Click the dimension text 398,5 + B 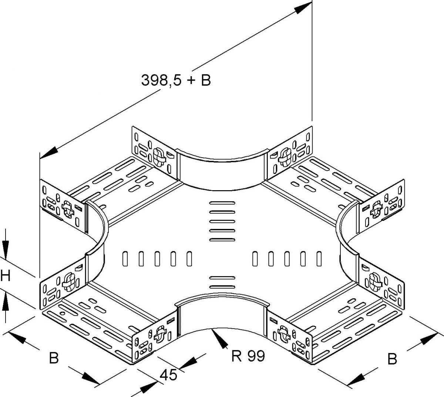click(x=176, y=80)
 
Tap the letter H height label click(x=5, y=276)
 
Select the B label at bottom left click(x=54, y=358)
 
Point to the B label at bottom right click(x=392, y=359)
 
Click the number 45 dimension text click(x=168, y=375)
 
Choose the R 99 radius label click(x=248, y=356)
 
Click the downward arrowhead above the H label click(x=5, y=248)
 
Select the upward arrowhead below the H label click(x=5, y=303)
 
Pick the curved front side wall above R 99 click(x=221, y=314)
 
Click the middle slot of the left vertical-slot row click(x=157, y=259)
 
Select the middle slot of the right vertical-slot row click(x=287, y=259)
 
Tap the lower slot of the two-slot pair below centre click(x=222, y=287)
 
